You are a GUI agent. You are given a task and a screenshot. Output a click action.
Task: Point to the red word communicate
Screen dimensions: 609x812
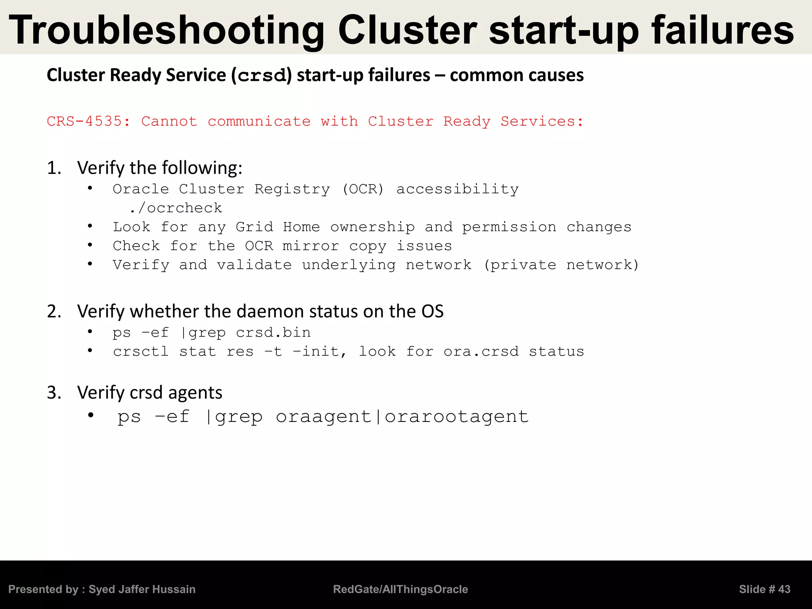pos(259,121)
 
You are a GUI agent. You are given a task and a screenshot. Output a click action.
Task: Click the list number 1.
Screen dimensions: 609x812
pos(54,168)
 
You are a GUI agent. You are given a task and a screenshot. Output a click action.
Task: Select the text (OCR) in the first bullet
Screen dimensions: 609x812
pos(363,189)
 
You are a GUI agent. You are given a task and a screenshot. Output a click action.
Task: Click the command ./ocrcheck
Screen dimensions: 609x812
pos(176,208)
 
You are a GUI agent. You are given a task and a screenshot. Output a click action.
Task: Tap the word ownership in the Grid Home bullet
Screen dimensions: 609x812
pos(373,227)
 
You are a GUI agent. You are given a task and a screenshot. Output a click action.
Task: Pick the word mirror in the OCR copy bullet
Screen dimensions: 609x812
pos(311,246)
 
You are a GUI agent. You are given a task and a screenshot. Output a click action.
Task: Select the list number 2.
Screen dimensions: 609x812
pos(54,312)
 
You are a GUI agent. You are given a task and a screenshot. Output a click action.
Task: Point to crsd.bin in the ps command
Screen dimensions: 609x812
pos(273,333)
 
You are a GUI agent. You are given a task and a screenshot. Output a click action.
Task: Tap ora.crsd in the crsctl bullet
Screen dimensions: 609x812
pos(481,352)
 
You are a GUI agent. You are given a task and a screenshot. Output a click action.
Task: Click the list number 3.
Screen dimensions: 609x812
pos(54,393)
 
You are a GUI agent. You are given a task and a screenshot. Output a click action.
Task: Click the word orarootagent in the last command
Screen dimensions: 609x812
pos(457,417)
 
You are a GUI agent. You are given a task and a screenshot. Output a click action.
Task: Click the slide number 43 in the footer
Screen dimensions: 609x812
pos(784,590)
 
